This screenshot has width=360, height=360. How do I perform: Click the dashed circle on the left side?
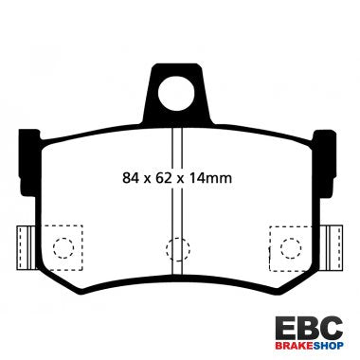click(63, 249)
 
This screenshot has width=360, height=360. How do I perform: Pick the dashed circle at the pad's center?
click(176, 249)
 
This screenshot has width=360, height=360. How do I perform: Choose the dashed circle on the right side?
click(290, 249)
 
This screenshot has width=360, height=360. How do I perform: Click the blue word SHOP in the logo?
click(328, 347)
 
